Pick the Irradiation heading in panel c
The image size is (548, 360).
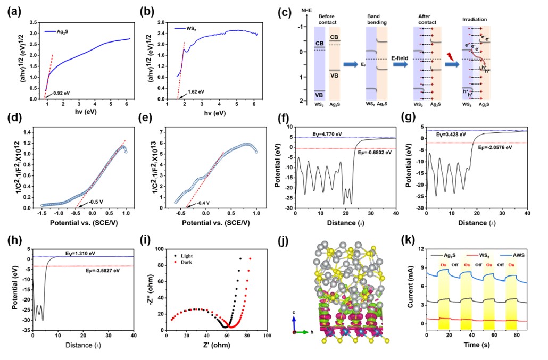point(475,19)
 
